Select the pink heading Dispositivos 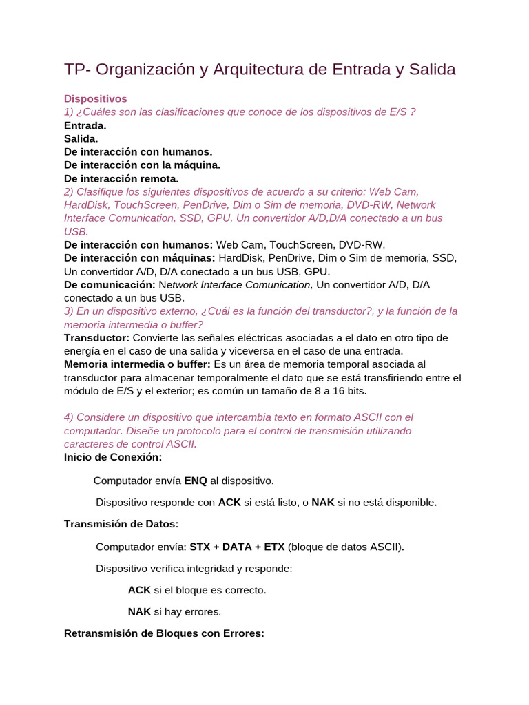click(96, 99)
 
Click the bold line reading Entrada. click(85, 125)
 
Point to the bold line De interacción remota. click(121, 178)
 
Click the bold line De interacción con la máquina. click(142, 165)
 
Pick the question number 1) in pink click(69, 112)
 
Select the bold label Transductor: click(96, 337)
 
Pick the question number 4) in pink click(69, 417)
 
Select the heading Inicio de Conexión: click(113, 456)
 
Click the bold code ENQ click(196, 480)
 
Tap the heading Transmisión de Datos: click(121, 524)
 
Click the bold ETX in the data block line click(275, 547)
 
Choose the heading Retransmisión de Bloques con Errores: click(164, 633)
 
